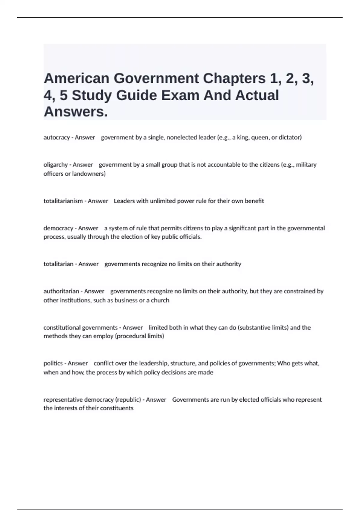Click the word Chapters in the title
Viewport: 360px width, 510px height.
point(234,79)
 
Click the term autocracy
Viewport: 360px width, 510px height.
point(56,137)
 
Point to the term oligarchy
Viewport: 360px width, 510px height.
point(55,165)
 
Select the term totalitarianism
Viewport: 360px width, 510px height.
point(63,201)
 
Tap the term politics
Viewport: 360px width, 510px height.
point(53,364)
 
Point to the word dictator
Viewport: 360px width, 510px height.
point(290,137)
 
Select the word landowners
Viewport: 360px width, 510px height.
point(89,174)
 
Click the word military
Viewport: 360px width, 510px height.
point(306,165)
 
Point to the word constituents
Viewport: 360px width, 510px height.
point(117,408)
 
